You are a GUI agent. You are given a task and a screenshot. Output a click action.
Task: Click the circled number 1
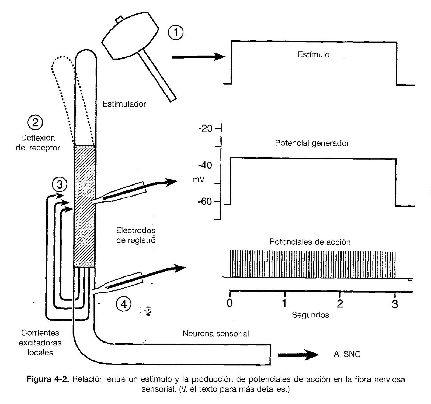click(x=176, y=33)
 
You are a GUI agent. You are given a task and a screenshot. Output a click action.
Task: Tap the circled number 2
click(x=35, y=123)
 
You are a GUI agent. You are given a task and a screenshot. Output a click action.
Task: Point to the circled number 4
click(x=123, y=304)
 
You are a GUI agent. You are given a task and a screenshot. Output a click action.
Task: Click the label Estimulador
click(x=124, y=104)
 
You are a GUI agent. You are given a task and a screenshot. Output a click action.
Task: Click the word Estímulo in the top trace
click(x=313, y=55)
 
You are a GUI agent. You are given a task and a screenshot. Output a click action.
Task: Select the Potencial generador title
click(x=312, y=143)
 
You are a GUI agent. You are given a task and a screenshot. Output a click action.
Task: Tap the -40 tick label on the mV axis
click(x=206, y=165)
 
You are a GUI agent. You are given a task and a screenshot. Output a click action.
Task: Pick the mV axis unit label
click(x=199, y=179)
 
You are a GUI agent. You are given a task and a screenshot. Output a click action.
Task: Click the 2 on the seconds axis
click(x=340, y=304)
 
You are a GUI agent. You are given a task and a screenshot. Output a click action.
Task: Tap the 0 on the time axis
click(x=230, y=303)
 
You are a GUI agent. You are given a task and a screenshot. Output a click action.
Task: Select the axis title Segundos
click(x=310, y=315)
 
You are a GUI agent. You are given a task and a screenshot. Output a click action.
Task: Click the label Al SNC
click(x=347, y=354)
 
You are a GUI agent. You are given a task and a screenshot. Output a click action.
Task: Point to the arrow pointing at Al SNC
click(x=298, y=355)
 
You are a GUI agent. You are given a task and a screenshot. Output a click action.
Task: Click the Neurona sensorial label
click(x=215, y=334)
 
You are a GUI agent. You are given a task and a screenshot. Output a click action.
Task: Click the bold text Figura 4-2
click(x=48, y=379)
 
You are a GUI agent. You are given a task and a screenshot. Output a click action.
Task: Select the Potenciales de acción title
click(x=310, y=242)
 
